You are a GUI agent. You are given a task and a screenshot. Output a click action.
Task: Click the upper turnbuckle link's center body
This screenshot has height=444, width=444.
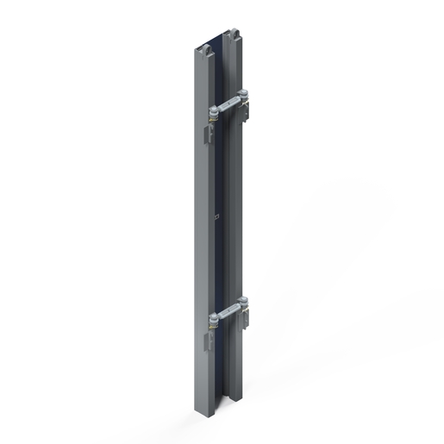[x=229, y=103]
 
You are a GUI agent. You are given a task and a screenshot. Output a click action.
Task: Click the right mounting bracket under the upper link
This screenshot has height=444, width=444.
[x=248, y=110]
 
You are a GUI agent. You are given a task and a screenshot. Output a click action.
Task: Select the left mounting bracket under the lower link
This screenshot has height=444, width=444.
[x=208, y=341]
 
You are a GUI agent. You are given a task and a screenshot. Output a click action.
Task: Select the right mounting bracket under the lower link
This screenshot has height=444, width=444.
[x=247, y=320]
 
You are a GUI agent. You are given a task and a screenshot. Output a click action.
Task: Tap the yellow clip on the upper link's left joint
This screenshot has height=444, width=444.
[x=213, y=122]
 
